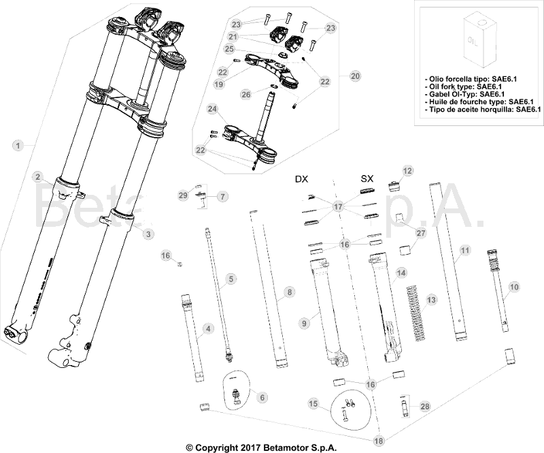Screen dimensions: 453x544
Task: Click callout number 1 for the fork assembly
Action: (x=18, y=144)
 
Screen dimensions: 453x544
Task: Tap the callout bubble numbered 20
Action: (x=355, y=76)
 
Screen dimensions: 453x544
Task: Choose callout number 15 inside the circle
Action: (x=313, y=404)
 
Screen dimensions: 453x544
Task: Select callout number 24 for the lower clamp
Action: (x=213, y=109)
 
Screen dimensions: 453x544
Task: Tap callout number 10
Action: (x=513, y=287)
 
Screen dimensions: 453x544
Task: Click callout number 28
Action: (x=426, y=407)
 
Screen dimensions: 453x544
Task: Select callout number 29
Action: (x=182, y=196)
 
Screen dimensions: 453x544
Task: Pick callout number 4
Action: (x=209, y=328)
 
